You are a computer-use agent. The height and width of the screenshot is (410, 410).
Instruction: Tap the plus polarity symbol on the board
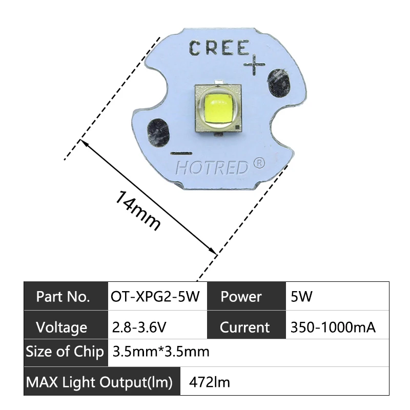(254, 65)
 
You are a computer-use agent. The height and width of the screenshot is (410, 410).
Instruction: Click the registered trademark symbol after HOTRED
(259, 163)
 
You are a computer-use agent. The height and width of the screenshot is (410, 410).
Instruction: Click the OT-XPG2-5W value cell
(155, 296)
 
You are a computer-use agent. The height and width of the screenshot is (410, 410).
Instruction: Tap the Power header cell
(241, 296)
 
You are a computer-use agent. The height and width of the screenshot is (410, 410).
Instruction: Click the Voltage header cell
(61, 327)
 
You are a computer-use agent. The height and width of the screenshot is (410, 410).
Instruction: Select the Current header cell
(244, 327)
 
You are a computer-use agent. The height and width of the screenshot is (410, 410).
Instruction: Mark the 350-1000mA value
(333, 327)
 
